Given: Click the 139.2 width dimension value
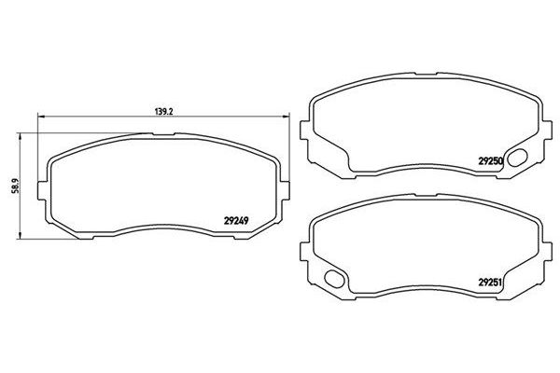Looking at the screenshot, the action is pos(163,111).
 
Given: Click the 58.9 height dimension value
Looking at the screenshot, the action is pos(15,186).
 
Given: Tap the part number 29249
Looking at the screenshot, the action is pos(236,221).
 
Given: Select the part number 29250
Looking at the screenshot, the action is pos(491,161).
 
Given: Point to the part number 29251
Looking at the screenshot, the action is pos(491,283).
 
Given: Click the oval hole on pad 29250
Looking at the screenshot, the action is pos(517,158).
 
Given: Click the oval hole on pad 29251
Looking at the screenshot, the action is pos(334,279).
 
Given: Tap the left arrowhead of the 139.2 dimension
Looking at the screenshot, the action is pos(40,117).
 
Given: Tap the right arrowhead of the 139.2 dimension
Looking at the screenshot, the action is pos(287,117).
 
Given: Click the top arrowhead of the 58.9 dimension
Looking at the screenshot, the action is pos(20,136).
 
